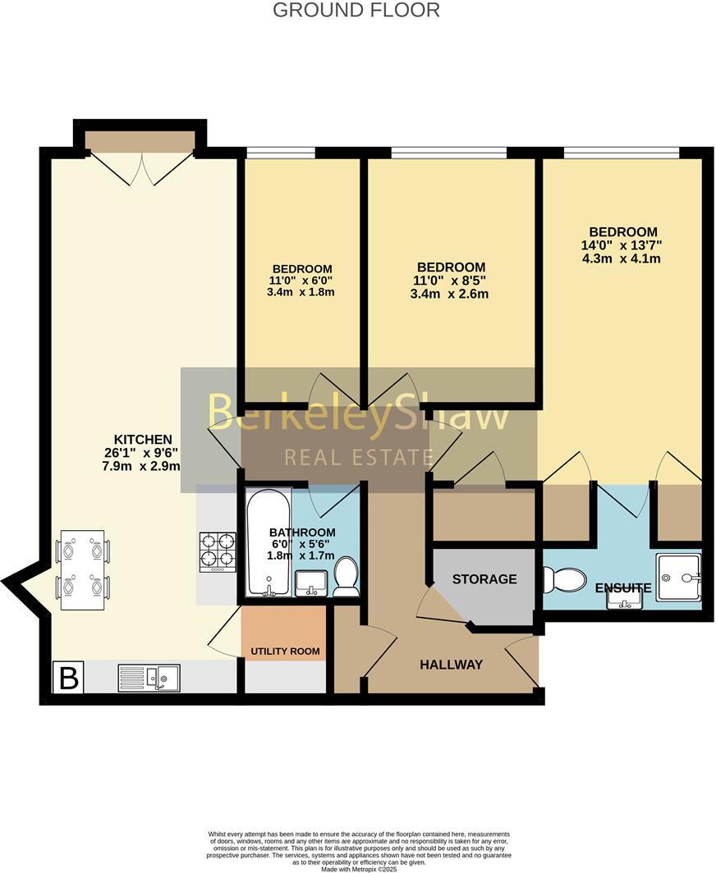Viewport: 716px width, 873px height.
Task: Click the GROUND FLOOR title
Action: tap(356, 11)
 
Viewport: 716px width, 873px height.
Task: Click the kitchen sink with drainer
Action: tap(149, 678)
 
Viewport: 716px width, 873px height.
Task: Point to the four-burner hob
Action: tap(218, 551)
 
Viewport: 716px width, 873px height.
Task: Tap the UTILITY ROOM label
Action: tap(285, 651)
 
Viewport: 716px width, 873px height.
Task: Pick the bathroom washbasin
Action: tap(310, 583)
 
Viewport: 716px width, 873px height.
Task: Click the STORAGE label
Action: tap(484, 579)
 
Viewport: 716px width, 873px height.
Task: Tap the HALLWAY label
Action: tap(451, 665)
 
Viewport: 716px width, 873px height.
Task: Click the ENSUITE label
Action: tap(623, 588)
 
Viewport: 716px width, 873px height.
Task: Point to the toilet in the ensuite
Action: tap(563, 579)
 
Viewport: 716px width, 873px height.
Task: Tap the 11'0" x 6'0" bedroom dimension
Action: tap(301, 281)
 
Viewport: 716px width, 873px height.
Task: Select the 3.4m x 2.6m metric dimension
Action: tap(451, 294)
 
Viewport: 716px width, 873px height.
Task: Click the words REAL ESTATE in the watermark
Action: tap(357, 458)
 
